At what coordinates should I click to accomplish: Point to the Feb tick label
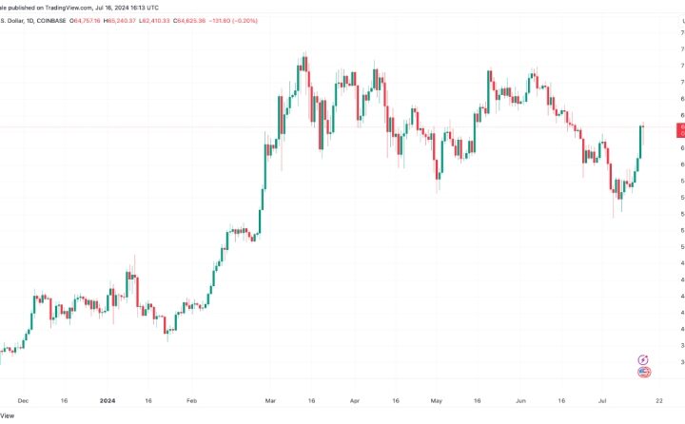191,401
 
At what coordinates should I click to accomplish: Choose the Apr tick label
354,401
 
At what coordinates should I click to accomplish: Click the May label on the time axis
437,401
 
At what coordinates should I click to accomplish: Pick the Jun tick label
519,401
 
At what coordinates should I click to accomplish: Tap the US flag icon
643,373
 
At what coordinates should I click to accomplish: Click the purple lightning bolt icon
643,360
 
